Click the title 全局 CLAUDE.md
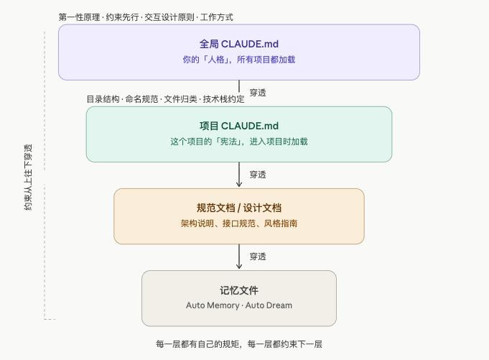238,44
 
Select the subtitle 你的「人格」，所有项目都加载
238,60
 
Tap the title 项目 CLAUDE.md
238,126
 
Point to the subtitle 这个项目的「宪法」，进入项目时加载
238,142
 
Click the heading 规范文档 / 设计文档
238,208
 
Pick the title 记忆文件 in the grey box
238,290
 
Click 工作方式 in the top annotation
217,17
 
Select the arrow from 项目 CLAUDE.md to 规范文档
239,175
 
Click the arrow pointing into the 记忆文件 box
239,257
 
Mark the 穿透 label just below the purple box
258,93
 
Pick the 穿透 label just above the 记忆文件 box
258,257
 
